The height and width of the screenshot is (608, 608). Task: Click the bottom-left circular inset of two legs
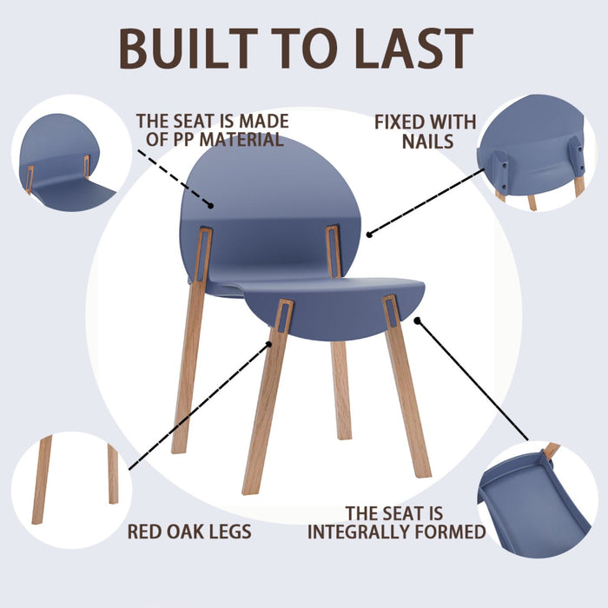74,486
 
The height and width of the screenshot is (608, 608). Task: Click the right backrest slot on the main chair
334,251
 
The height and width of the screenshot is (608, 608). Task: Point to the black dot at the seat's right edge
418,320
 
